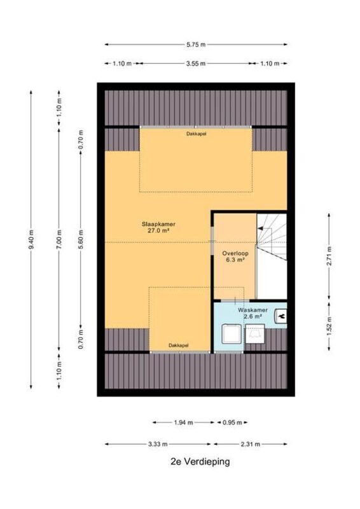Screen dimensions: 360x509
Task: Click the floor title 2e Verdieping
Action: [x=200, y=462]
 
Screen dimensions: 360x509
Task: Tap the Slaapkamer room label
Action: [x=158, y=224]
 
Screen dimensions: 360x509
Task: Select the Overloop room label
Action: [x=235, y=253]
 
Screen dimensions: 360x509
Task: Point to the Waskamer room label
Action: [x=253, y=310]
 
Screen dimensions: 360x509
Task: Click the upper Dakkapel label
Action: [x=196, y=134]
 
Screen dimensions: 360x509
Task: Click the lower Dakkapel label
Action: [x=178, y=345]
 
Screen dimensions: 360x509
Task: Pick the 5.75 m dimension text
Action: [x=196, y=45]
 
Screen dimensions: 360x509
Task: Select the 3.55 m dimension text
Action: [x=196, y=64]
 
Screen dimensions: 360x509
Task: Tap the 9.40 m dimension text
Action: [x=31, y=240]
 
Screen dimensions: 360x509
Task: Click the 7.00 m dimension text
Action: [x=59, y=240]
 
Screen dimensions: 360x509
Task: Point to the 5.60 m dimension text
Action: [x=81, y=240]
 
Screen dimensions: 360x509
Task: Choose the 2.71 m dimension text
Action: [x=329, y=256]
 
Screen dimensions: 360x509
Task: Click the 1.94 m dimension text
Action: [x=183, y=422]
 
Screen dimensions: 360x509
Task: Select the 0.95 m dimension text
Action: [x=232, y=422]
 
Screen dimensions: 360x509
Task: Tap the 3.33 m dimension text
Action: [x=158, y=444]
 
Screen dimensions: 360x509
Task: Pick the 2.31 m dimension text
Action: [x=250, y=444]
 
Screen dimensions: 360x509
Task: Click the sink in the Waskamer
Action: [x=280, y=316]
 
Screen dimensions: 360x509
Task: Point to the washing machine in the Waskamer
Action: [x=232, y=333]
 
